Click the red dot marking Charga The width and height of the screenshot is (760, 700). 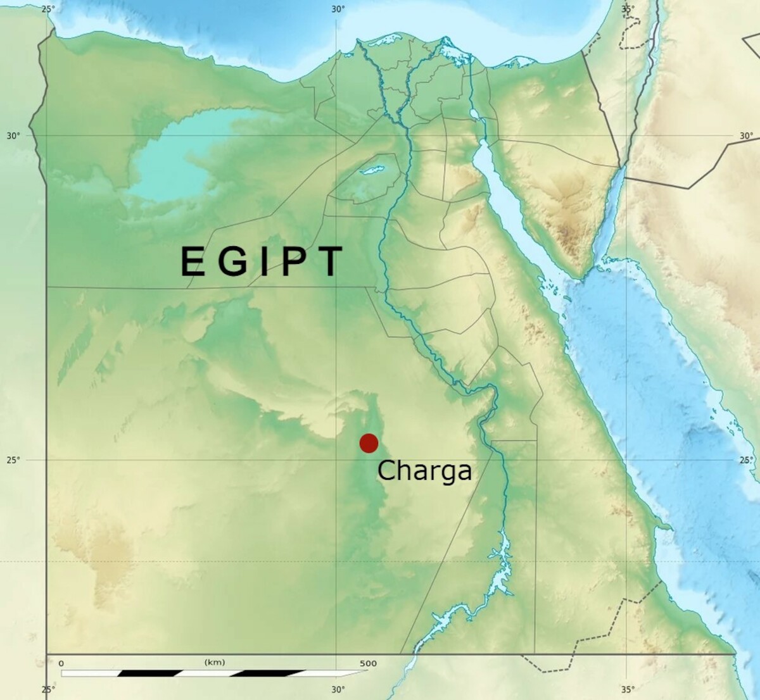point(369,443)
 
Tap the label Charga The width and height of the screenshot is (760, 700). point(424,471)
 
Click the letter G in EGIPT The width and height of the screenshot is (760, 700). point(232,261)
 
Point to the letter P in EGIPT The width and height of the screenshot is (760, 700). point(294,261)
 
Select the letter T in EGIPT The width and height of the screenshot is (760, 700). point(329,261)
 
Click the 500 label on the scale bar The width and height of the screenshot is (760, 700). point(368,663)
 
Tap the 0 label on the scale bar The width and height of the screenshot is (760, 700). point(61,663)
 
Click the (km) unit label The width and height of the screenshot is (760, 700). point(215,662)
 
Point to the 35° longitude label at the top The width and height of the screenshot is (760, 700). point(627,9)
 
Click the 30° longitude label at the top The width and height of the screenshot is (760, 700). point(338,9)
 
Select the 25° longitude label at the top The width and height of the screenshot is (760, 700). point(48,9)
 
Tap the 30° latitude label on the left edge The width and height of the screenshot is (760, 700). point(13,135)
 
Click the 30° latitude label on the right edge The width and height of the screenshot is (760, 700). point(746,135)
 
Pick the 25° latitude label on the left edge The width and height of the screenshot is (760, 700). point(13,460)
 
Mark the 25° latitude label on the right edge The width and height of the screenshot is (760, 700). point(746,460)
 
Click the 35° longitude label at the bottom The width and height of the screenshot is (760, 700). point(627,689)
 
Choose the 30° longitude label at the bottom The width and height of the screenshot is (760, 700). point(338,689)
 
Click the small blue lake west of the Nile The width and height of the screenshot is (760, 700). point(372,170)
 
